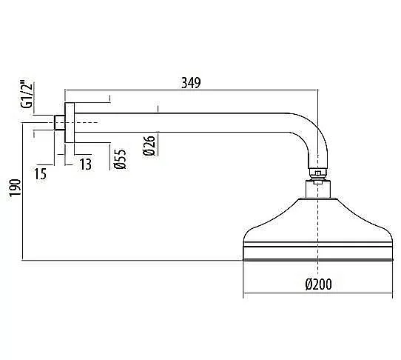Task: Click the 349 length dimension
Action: [191, 83]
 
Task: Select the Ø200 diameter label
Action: [318, 284]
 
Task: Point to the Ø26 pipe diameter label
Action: [149, 145]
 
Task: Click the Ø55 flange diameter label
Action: [120, 159]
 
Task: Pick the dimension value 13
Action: [85, 164]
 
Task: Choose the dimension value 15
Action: [41, 174]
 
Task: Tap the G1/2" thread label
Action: [27, 95]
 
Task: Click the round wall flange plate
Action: [70, 123]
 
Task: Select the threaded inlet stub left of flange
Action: [60, 123]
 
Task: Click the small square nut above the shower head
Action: [317, 173]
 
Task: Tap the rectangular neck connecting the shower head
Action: [318, 189]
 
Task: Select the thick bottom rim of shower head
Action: [318, 260]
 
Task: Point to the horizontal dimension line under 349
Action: [191, 90]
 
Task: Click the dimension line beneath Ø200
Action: [318, 293]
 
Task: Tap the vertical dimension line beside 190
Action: [22, 192]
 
